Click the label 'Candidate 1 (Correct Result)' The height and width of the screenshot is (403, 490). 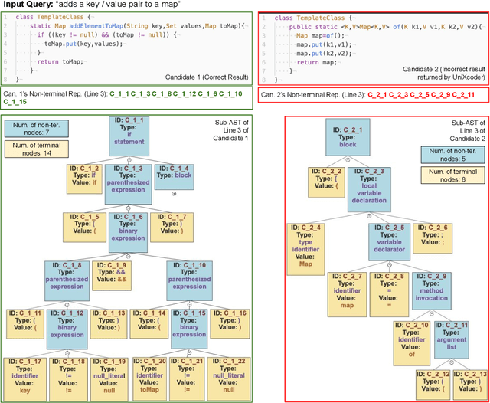pyautogui.click(x=204, y=77)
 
